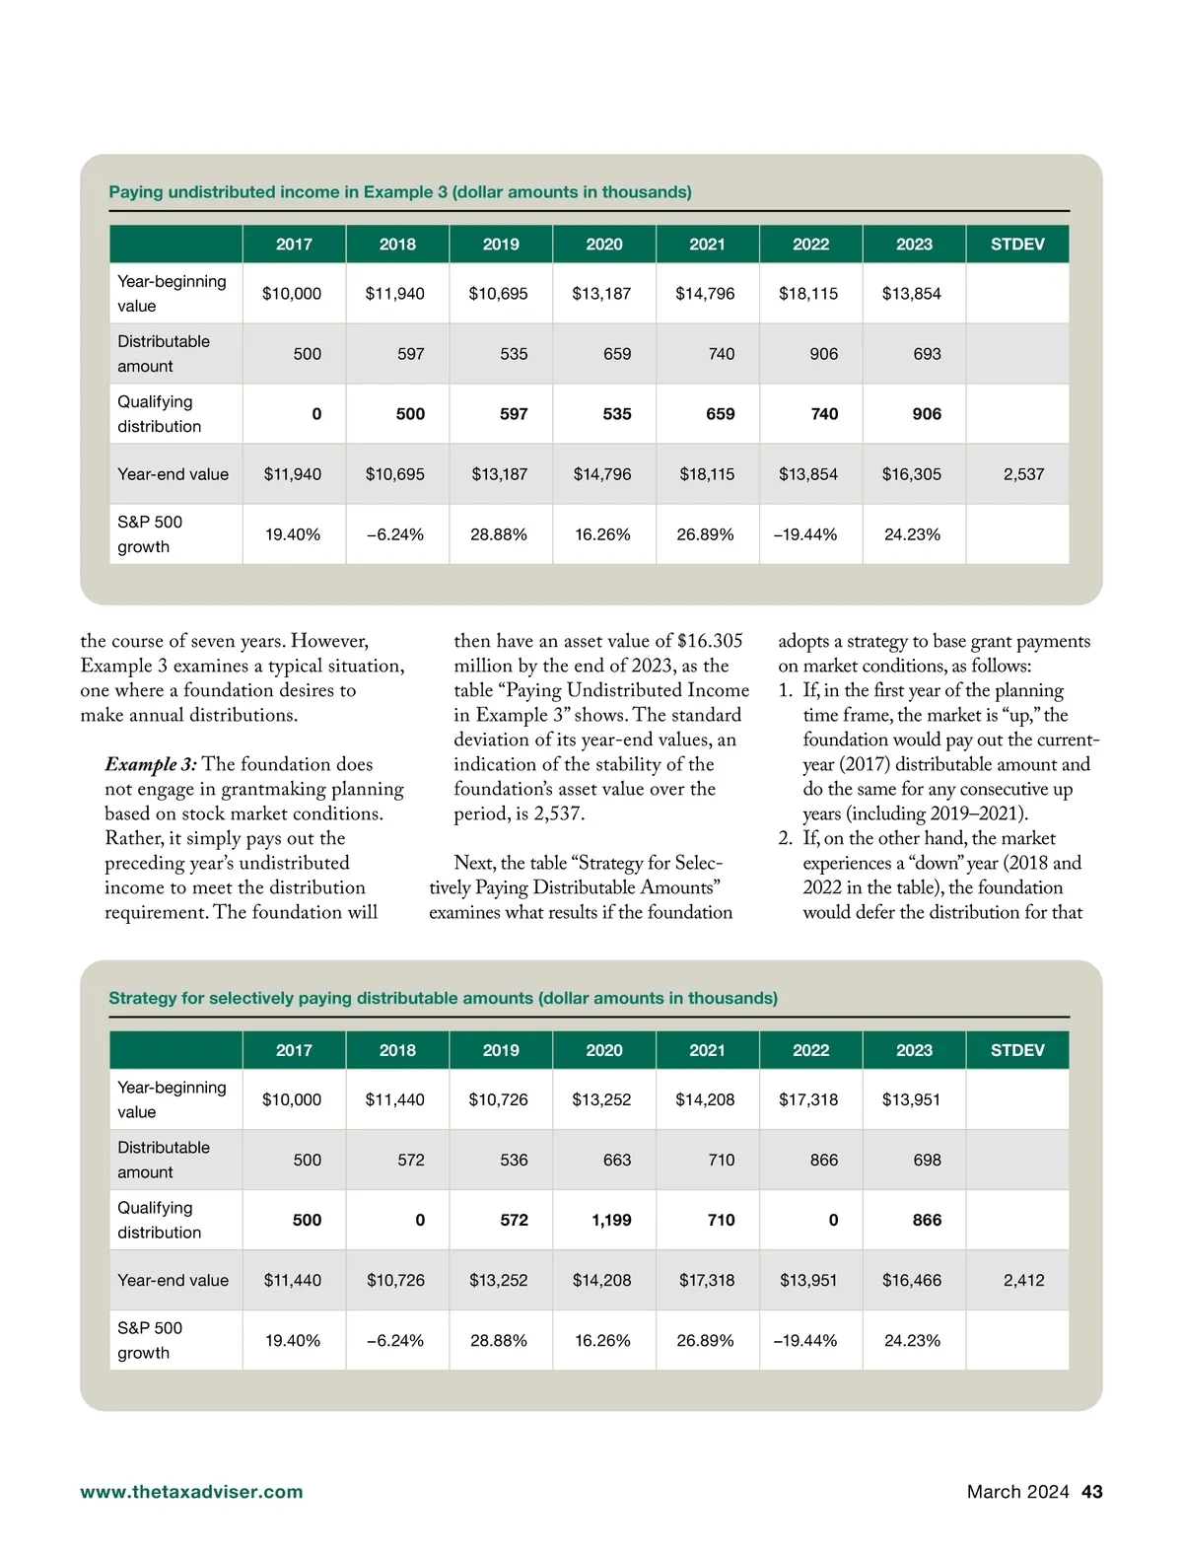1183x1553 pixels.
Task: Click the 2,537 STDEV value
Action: (1023, 474)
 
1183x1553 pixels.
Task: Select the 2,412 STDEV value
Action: (1023, 1281)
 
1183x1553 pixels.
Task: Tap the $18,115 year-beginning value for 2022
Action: (808, 294)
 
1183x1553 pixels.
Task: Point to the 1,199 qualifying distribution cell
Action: (611, 1221)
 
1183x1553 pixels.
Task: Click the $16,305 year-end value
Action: (911, 474)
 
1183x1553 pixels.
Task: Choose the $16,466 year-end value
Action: (911, 1281)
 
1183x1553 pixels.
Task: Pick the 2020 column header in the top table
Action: (604, 245)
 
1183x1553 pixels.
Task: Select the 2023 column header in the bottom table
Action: (914, 1051)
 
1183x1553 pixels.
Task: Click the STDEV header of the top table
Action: (1017, 245)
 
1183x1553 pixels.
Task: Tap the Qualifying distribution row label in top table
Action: (159, 414)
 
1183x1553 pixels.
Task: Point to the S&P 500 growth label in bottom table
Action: (150, 1341)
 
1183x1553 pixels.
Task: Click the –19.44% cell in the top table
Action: (805, 534)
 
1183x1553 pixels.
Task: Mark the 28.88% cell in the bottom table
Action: (499, 1341)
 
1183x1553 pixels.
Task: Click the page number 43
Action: (1091, 1492)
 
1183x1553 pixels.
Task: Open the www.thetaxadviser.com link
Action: (191, 1492)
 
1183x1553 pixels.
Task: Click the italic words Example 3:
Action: (151, 765)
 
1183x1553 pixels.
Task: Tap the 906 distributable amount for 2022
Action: (824, 354)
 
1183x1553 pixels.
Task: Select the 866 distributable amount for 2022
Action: (824, 1161)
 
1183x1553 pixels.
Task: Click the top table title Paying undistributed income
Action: (399, 192)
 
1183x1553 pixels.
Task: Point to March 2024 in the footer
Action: (1017, 1492)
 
